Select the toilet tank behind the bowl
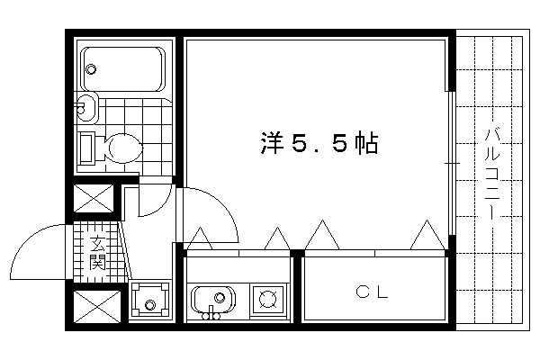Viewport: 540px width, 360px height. tap(86, 147)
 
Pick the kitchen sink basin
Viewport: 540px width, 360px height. tap(214, 297)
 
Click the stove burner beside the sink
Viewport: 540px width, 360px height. tap(268, 297)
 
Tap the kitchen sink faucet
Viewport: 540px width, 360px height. tap(213, 314)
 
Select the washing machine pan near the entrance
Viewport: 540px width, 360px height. tap(149, 298)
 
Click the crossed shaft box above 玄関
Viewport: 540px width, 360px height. tap(94, 200)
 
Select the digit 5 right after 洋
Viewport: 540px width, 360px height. tap(298, 142)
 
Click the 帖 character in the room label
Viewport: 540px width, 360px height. tap(364, 142)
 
